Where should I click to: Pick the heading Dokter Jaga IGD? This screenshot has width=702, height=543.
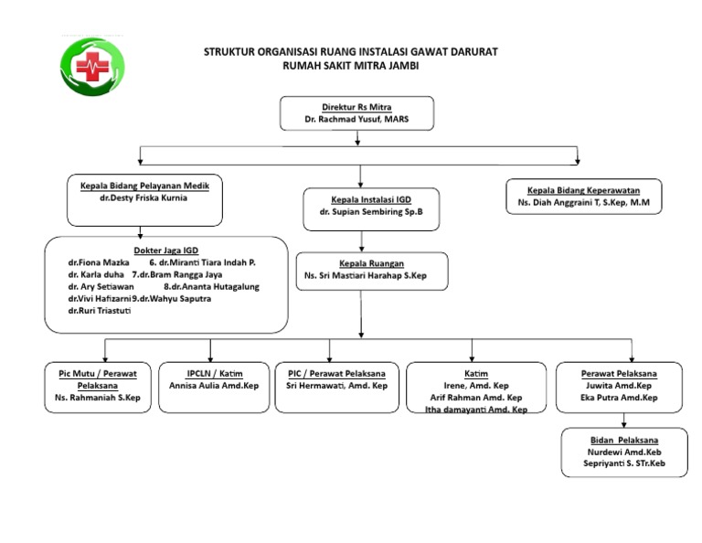(166, 250)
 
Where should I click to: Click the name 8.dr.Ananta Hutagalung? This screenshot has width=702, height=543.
(211, 286)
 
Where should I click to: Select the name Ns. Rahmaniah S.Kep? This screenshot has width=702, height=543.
(98, 398)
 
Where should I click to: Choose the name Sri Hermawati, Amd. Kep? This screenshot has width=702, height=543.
(336, 386)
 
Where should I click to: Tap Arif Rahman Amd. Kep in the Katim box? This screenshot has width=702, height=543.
(476, 398)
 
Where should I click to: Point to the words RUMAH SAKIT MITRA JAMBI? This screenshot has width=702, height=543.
(350, 66)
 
